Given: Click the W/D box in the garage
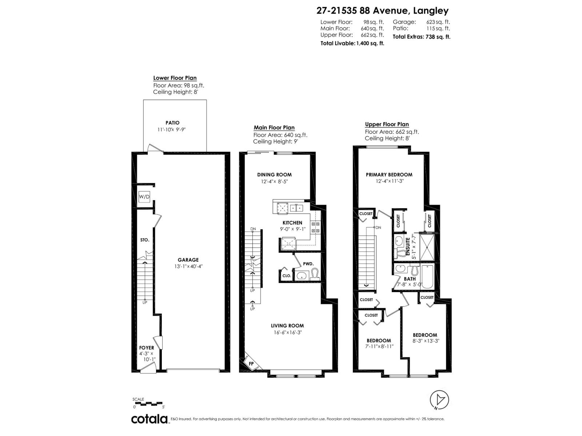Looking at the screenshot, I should (144, 197).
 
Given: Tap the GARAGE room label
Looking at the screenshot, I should (188, 260).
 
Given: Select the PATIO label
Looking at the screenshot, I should (172, 123).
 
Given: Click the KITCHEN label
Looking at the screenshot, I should (292, 223).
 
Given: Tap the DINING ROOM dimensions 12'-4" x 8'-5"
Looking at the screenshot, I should (275, 181).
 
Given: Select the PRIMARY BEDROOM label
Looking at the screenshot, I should (389, 174).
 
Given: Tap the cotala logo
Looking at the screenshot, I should (150, 419).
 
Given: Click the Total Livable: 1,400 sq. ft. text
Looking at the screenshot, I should (352, 43).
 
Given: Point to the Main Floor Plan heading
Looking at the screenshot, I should (274, 128).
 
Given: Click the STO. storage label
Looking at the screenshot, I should (145, 240).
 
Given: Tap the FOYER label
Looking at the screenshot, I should (147, 348).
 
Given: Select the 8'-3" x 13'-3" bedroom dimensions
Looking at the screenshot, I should (425, 341).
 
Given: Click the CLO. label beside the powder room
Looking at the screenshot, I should (287, 276).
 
